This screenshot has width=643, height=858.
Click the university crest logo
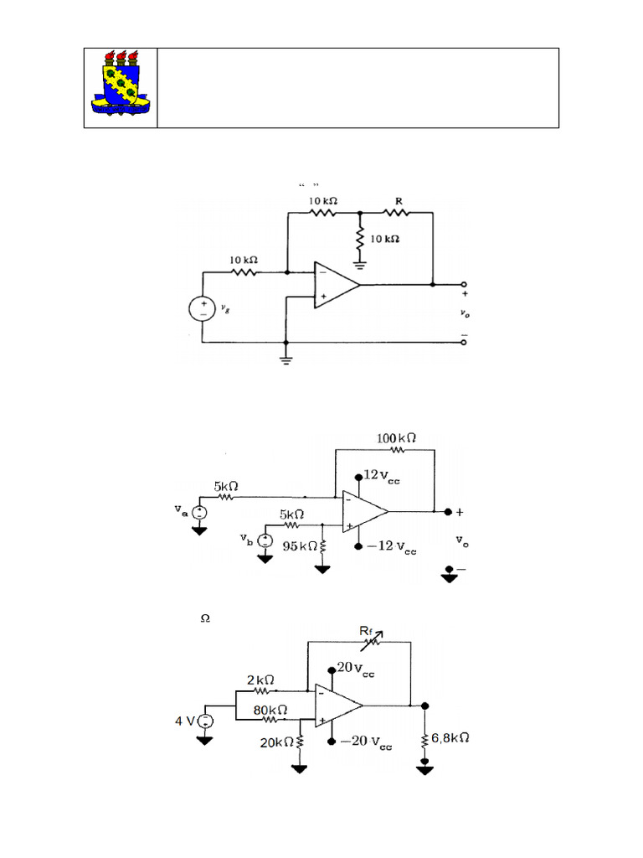tap(121, 82)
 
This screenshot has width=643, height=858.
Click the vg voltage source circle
tap(203, 308)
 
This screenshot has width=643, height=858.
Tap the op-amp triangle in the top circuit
tap(335, 285)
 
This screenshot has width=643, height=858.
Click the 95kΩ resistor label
tap(299, 545)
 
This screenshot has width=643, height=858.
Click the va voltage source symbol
tap(199, 513)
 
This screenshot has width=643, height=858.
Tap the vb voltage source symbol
tap(265, 540)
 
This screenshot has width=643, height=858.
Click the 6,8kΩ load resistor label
tap(452, 739)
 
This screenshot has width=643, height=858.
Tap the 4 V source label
tap(185, 721)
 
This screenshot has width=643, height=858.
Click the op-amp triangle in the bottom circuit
tap(337, 706)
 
